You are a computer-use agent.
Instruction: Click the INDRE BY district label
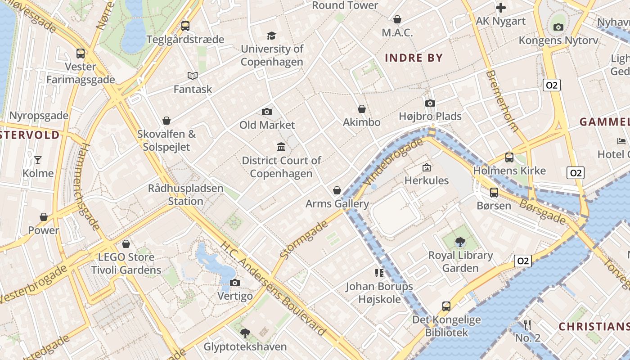click(414, 58)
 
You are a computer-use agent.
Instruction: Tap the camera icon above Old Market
click(267, 112)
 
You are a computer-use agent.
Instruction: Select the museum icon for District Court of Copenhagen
click(281, 147)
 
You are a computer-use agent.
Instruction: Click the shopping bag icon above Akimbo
click(362, 109)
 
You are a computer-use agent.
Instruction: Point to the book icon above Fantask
click(193, 76)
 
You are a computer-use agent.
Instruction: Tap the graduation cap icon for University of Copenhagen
click(271, 36)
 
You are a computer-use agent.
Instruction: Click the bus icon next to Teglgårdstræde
click(185, 26)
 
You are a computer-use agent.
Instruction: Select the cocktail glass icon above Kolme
click(38, 160)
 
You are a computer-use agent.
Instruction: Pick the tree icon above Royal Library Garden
click(460, 242)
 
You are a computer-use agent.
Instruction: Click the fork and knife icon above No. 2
click(527, 324)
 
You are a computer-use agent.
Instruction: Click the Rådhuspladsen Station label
click(185, 194)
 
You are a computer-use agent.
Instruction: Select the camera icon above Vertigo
click(235, 283)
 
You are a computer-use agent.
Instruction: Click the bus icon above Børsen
click(494, 192)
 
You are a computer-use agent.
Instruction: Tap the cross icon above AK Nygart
click(501, 8)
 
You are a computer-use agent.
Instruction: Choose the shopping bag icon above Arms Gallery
click(337, 190)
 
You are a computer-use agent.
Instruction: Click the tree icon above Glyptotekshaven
click(245, 333)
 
